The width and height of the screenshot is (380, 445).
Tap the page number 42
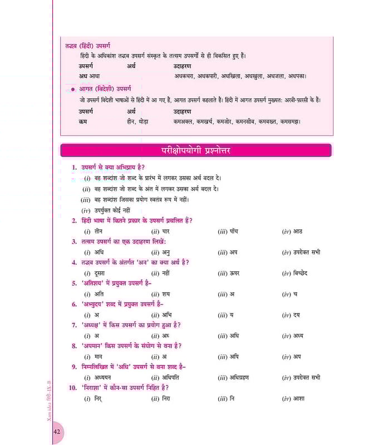(x=58, y=432)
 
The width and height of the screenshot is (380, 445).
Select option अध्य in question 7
(x=300, y=335)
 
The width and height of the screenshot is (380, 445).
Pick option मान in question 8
(x=100, y=357)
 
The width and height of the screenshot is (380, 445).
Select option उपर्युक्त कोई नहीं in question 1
(x=112, y=210)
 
